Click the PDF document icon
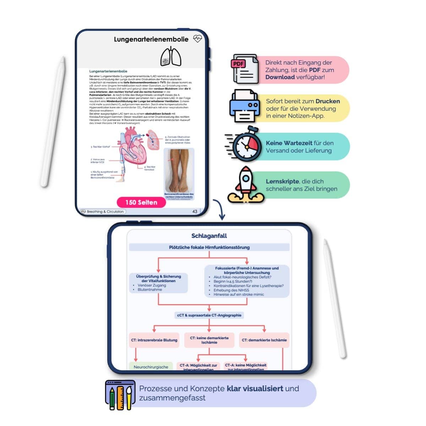pos(245,69)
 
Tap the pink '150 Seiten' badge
pos(141,202)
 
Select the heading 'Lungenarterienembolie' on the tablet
pos(151,39)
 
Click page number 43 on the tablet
pos(195,211)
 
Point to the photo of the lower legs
pos(179,170)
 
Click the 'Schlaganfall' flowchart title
pos(209,236)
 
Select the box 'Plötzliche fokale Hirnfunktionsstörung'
pos(209,247)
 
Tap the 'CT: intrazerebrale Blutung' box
pos(154,340)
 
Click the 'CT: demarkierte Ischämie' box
pos(264,340)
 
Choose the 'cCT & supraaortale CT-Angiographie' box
pos(209,315)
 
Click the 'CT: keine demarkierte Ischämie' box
pos(209,340)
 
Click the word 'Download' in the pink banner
pos(280,77)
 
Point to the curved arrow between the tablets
pos(219,209)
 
